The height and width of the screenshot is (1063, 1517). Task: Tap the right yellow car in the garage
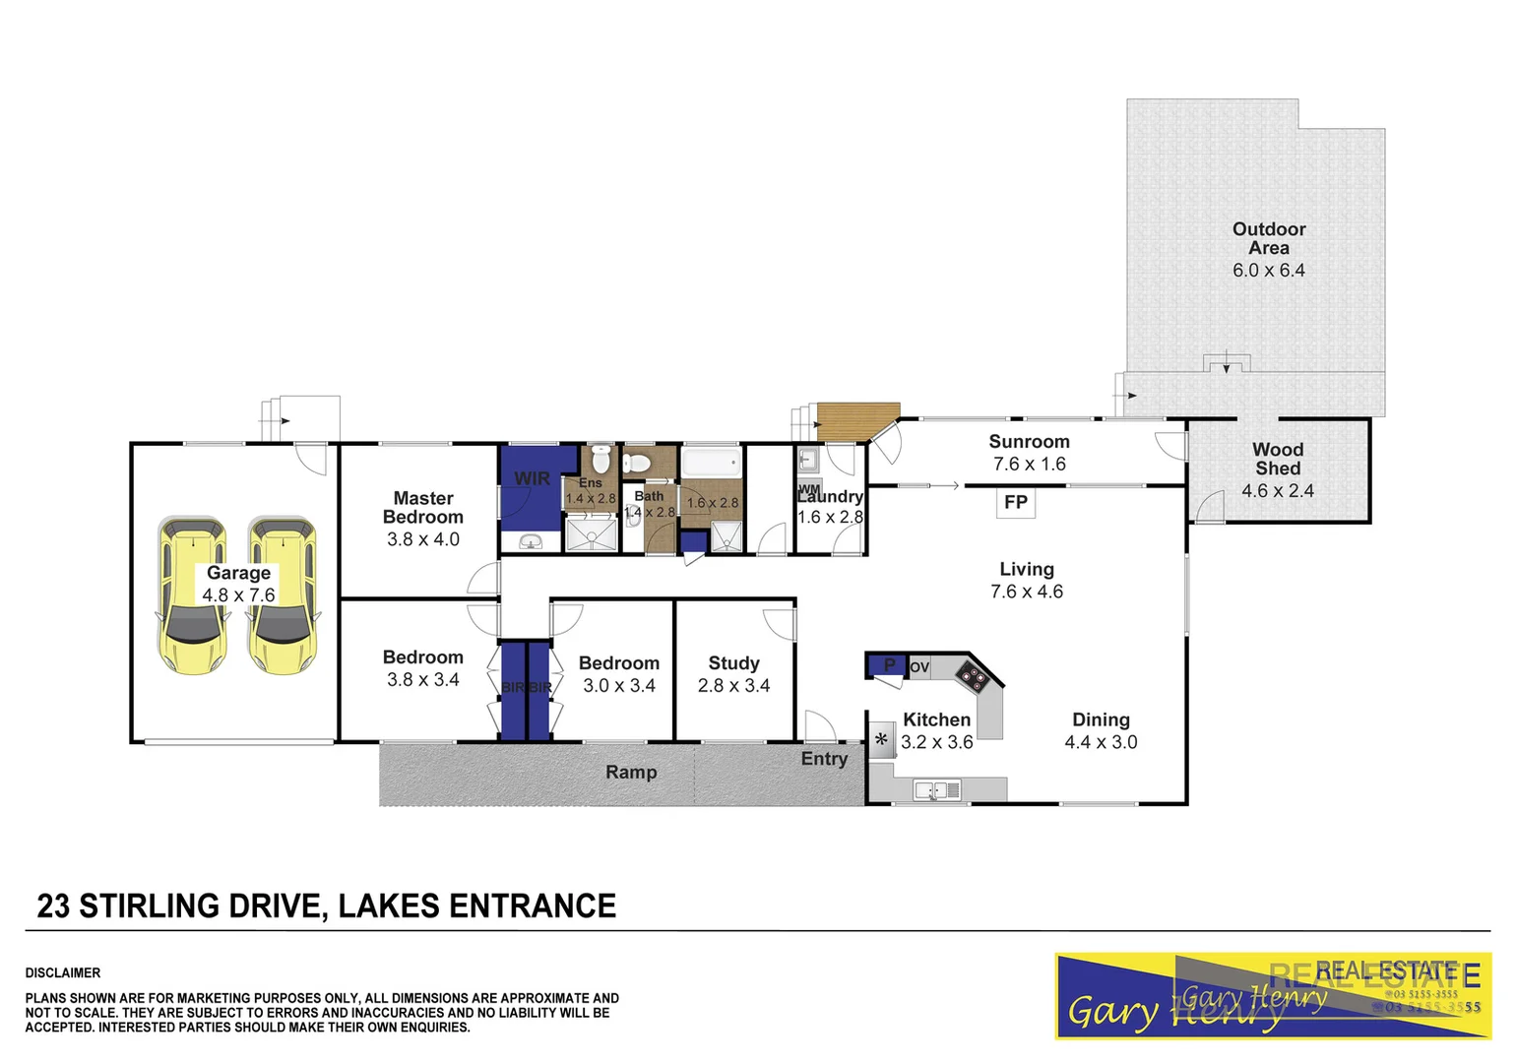click(x=283, y=595)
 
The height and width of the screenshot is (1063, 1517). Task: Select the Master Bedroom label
click(x=423, y=508)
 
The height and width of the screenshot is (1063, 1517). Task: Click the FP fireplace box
click(x=1016, y=503)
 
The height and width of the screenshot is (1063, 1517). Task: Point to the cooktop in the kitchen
click(x=973, y=676)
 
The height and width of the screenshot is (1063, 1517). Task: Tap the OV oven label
click(x=919, y=667)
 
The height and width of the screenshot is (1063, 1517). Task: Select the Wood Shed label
click(x=1277, y=459)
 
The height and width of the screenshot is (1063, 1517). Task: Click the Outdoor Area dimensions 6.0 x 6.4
click(x=1268, y=270)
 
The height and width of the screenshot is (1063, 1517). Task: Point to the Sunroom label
click(x=1029, y=442)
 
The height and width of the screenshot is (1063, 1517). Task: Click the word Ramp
click(x=631, y=773)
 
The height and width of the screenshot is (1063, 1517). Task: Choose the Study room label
click(x=733, y=663)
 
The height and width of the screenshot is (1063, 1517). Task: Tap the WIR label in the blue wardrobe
click(x=532, y=479)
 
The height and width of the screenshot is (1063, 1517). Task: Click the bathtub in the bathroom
click(x=712, y=464)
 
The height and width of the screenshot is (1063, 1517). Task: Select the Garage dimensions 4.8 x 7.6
click(x=238, y=594)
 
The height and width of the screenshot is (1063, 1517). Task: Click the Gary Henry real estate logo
click(x=1272, y=995)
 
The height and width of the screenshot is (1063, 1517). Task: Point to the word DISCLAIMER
click(x=63, y=972)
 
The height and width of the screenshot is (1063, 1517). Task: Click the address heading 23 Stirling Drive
click(x=326, y=906)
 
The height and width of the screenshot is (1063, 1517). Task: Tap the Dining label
click(x=1101, y=719)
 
